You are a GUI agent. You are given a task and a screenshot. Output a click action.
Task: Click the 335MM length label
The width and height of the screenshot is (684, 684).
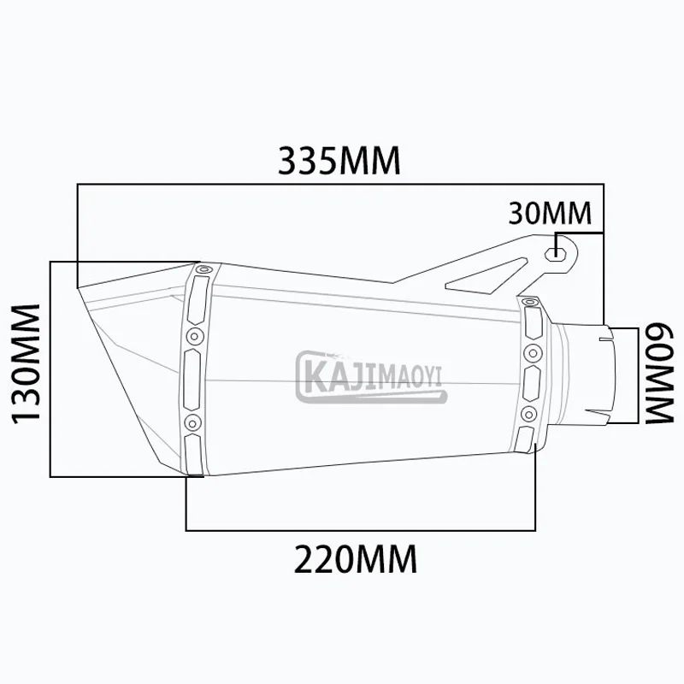[339, 161]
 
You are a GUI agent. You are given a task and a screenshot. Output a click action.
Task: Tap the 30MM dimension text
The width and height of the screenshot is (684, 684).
[550, 213]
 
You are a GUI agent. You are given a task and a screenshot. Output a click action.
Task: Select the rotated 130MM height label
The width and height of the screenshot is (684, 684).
[26, 364]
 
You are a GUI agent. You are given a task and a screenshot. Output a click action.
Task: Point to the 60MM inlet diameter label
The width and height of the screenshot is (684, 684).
[659, 374]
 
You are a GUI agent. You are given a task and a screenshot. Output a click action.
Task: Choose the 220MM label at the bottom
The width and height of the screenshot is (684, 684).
[356, 559]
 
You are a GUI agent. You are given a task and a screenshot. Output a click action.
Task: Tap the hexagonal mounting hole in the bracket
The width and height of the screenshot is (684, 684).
[555, 252]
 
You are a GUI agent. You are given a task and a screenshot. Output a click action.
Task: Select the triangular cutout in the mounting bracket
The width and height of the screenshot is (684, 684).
[487, 276]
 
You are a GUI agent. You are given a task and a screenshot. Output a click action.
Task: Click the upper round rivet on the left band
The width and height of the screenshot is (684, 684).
[194, 336]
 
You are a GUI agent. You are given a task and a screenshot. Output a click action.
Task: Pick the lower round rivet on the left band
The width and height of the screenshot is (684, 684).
[193, 422]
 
